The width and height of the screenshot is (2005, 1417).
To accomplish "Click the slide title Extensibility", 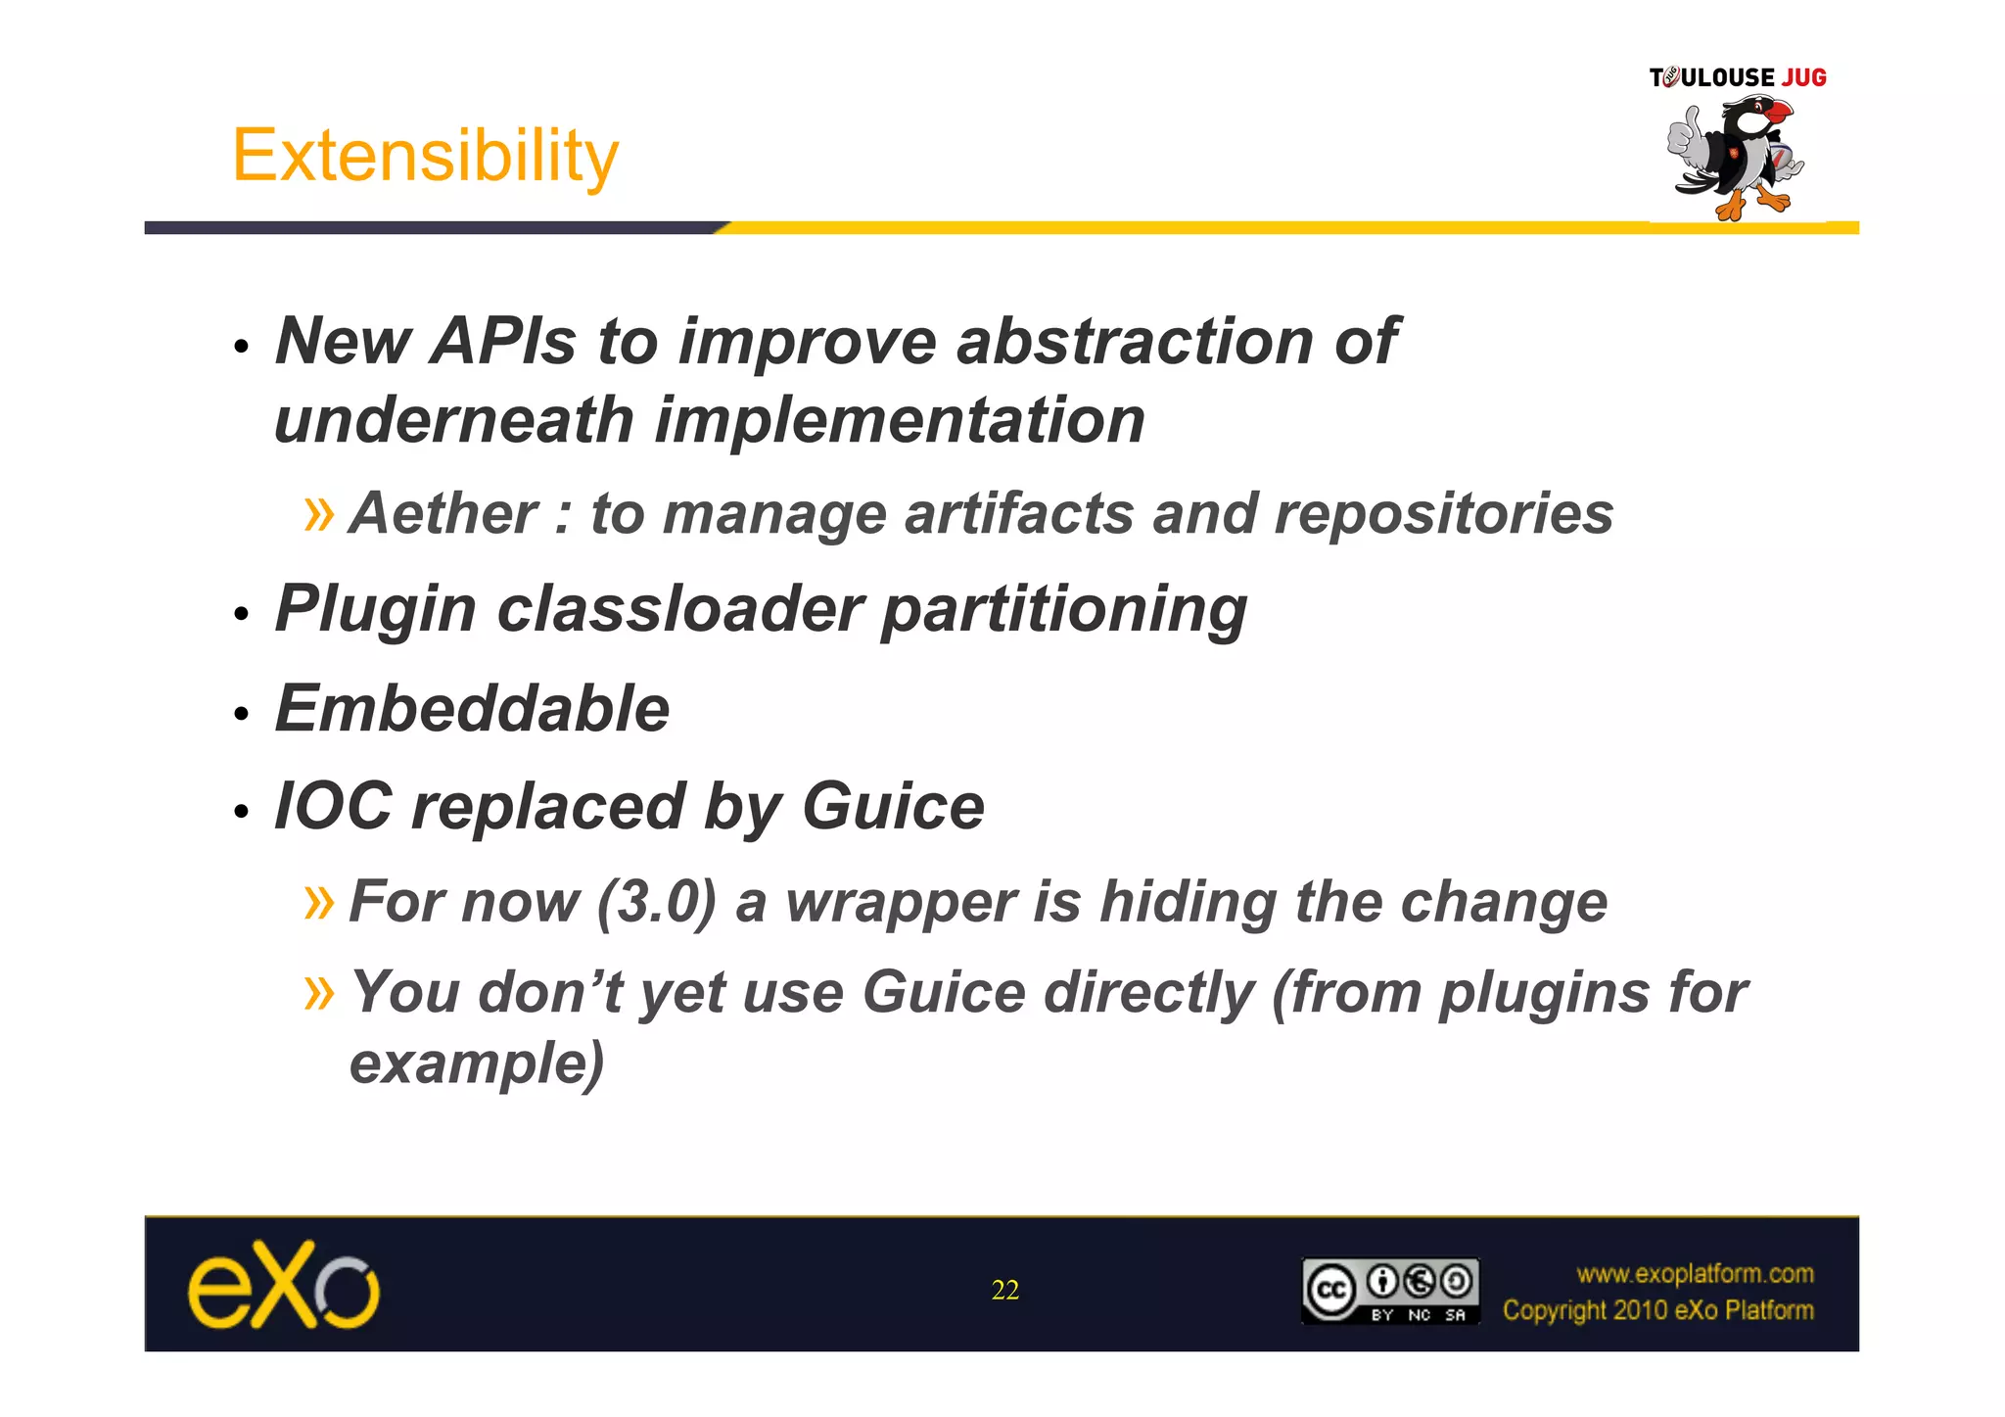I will click(x=425, y=157).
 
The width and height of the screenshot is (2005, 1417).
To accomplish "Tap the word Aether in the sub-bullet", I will click(x=443, y=514).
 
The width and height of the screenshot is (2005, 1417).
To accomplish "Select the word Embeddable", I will click(x=472, y=709).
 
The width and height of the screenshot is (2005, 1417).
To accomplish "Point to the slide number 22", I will click(x=1004, y=1290).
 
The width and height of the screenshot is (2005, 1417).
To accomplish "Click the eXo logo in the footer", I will click(x=283, y=1285).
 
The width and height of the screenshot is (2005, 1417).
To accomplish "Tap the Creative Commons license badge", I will click(x=1389, y=1291).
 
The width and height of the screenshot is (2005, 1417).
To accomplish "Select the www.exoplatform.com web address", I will click(x=1694, y=1273).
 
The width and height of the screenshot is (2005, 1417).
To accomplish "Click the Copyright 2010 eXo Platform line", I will click(x=1657, y=1310).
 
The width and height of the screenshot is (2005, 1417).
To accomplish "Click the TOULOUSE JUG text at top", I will click(x=1737, y=77).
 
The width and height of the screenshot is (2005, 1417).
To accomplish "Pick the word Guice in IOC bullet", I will click(x=893, y=807).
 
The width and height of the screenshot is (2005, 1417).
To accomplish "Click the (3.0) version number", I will click(x=657, y=902).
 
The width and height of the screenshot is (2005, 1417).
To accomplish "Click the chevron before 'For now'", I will click(x=319, y=902).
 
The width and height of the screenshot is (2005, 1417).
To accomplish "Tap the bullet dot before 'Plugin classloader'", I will click(x=242, y=615).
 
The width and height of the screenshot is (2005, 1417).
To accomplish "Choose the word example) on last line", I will click(x=477, y=1063).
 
